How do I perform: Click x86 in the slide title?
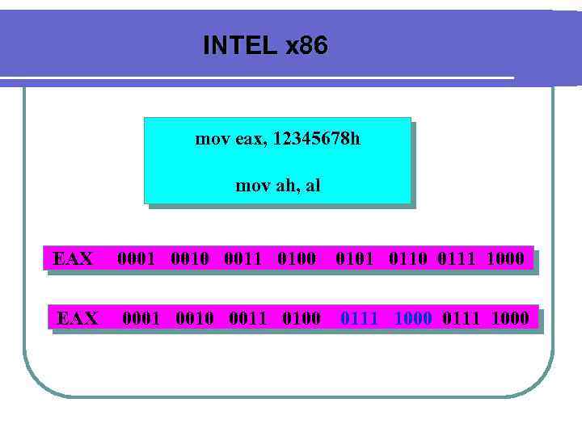(306, 46)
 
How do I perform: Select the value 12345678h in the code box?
(316, 139)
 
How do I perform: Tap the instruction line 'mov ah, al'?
(277, 186)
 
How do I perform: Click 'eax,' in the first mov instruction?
(252, 139)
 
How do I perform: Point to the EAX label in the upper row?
(73, 259)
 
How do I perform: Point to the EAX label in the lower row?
(78, 318)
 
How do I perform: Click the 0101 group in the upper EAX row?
(355, 259)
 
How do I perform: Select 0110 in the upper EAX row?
(407, 259)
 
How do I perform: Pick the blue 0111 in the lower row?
(359, 318)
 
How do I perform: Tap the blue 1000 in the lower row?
(412, 318)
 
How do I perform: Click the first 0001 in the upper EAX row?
(136, 259)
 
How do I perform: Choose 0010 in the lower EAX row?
(194, 318)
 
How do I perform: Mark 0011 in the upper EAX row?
(242, 259)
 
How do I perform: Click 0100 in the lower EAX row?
(302, 318)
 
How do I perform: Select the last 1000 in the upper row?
(505, 259)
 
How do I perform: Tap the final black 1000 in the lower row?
(510, 318)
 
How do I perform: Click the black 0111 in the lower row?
(461, 318)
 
